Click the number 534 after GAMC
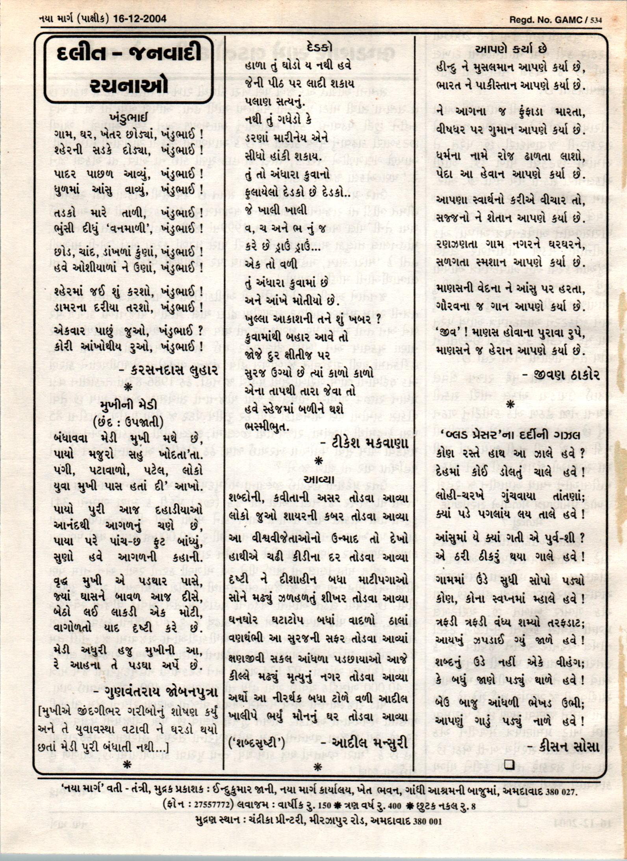tap(596, 20)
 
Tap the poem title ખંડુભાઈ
tap(129, 118)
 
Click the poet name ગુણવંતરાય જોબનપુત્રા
tap(161, 692)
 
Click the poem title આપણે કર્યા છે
tap(511, 49)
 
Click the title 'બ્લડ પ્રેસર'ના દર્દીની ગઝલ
tap(511, 435)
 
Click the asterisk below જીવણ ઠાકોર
tap(510, 404)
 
